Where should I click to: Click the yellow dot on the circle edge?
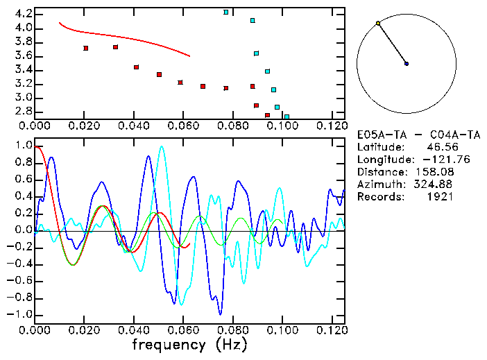pyautogui.click(x=377, y=24)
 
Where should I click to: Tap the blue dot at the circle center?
pyautogui.click(x=407, y=64)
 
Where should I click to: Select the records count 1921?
pyautogui.click(x=439, y=197)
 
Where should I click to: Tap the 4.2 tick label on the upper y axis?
pyautogui.click(x=22, y=14)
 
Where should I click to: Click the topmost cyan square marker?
pyautogui.click(x=226, y=12)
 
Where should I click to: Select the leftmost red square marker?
pyautogui.click(x=85, y=49)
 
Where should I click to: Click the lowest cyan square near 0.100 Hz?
pyautogui.click(x=287, y=117)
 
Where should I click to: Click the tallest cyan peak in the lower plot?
pyautogui.click(x=162, y=146)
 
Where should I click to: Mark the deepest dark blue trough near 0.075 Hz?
pyautogui.click(x=220, y=314)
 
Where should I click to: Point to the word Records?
pyautogui.click(x=379, y=197)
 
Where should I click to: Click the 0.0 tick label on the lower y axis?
pyautogui.click(x=22, y=230)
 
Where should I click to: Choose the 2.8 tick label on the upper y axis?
pyautogui.click(x=22, y=111)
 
